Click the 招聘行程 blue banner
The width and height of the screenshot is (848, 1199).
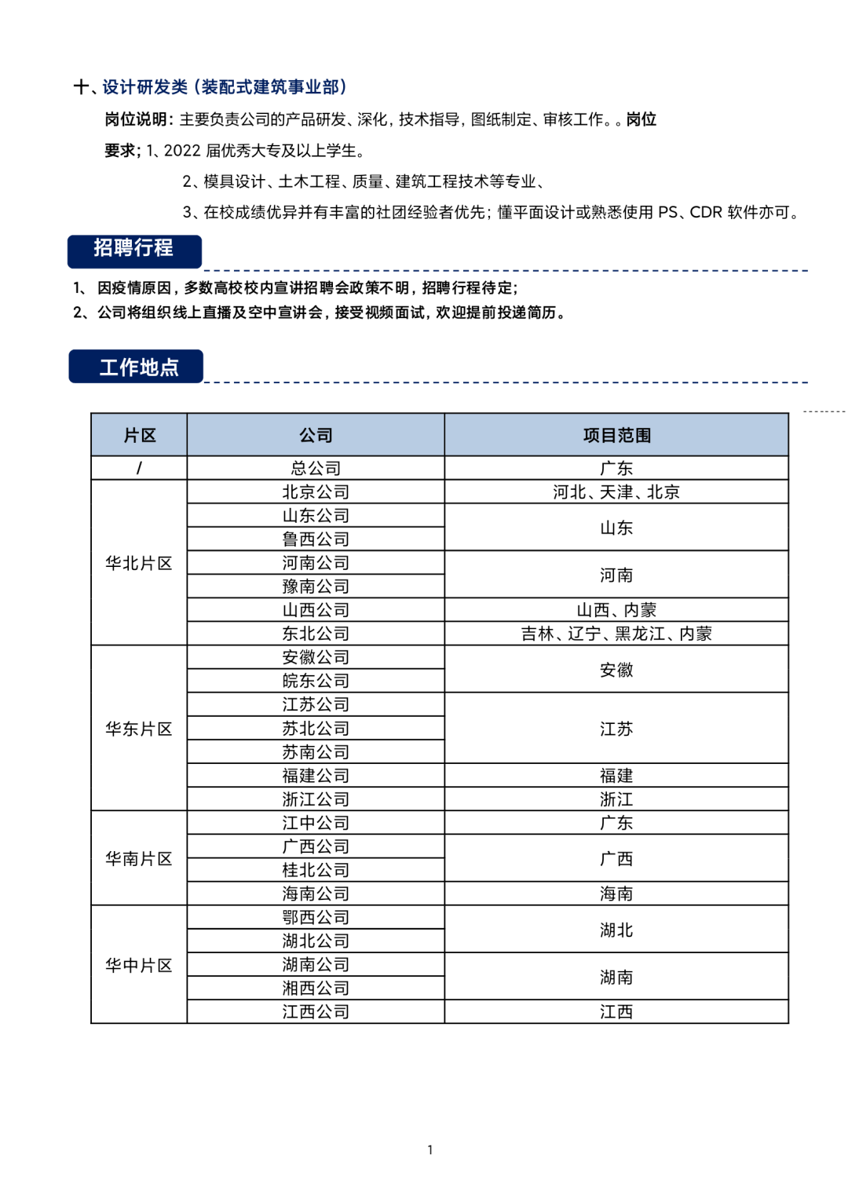click(x=134, y=250)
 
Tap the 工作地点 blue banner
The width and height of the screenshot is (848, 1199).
click(x=137, y=367)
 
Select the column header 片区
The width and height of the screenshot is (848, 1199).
click(x=139, y=435)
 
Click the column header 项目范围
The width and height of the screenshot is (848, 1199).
click(x=616, y=435)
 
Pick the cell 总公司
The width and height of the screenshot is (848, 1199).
click(x=316, y=469)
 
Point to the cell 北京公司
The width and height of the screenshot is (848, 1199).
click(x=316, y=492)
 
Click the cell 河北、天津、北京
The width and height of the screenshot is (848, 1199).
click(x=616, y=492)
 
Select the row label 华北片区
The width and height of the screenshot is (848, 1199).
click(x=139, y=563)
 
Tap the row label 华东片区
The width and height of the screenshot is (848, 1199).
click(x=139, y=729)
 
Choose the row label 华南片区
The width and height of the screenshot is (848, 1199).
click(x=139, y=859)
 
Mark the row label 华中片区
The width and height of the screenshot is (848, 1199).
click(x=139, y=965)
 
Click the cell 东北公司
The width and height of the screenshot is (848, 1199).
click(x=316, y=634)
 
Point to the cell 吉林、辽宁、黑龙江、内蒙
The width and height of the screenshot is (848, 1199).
click(x=616, y=634)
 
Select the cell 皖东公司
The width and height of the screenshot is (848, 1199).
click(x=316, y=681)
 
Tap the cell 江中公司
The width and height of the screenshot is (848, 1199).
click(x=316, y=823)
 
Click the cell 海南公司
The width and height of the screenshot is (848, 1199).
click(x=316, y=894)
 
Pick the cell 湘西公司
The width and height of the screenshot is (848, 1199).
click(x=316, y=988)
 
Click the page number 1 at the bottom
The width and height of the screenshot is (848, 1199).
click(x=430, y=1150)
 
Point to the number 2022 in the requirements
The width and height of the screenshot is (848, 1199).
click(x=182, y=151)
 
